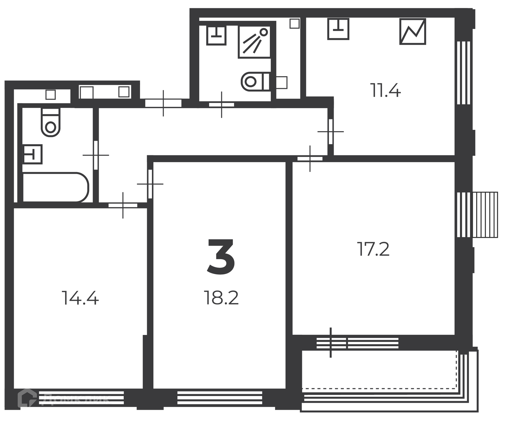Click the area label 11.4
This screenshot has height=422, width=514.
coord(385,90)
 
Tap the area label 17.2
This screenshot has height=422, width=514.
coord(373,249)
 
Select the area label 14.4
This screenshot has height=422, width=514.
coord(80,298)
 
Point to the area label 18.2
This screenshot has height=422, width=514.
coord(221,298)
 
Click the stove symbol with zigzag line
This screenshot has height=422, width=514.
coord(413,31)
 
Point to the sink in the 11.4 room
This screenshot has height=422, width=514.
coord(338,29)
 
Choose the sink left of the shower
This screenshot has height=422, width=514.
coord(216,35)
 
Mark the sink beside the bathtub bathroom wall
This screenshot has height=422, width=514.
coord(33,154)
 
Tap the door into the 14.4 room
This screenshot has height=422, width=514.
coord(123,205)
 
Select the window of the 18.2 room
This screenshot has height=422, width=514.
coord(220,398)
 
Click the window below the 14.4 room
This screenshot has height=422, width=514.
coord(81,398)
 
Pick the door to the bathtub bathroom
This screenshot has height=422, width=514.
coord(96,155)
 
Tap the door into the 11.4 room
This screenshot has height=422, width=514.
coord(331,132)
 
